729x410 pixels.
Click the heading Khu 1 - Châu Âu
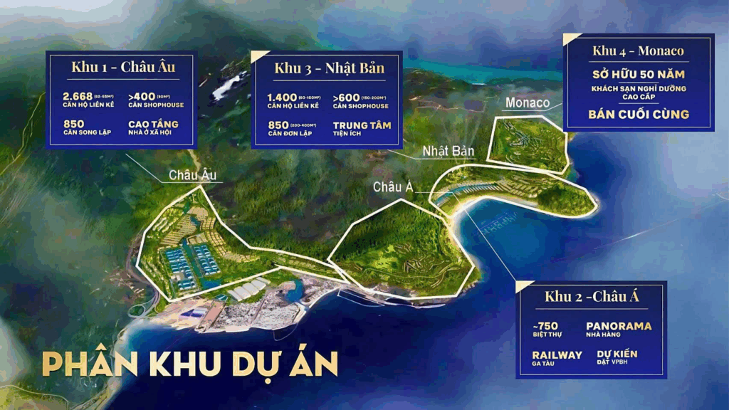pos(123,68)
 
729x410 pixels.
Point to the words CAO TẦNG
pos(153,124)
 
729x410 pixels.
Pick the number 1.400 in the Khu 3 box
pos(281,97)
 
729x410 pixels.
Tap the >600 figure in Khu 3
pos(345,97)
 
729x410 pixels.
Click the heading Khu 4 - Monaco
pos(638,51)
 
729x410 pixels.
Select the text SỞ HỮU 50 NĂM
pos(639,74)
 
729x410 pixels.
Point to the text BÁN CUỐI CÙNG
pos(639,114)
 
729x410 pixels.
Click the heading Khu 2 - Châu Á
pos(592,297)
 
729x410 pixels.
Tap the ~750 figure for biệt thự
pos(546,325)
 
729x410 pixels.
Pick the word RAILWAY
pos(557,354)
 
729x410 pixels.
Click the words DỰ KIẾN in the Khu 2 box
pos(617,354)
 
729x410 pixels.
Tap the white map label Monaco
pos(528,103)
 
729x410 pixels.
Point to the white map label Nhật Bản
pos(444,151)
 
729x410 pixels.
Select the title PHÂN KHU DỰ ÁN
pos(189,364)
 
